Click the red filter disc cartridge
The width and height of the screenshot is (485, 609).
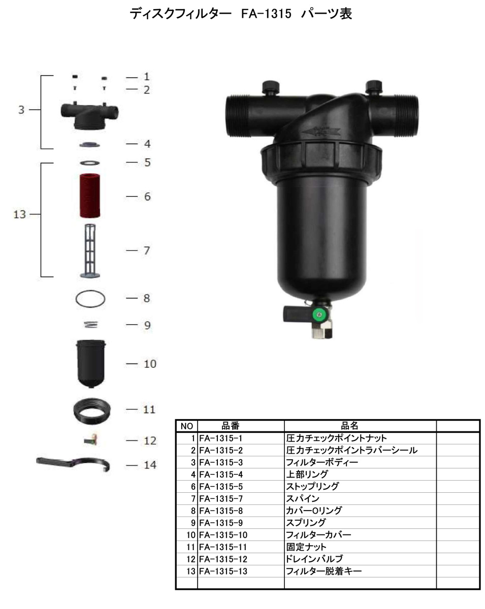click(x=90, y=195)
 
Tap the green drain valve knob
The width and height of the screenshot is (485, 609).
click(x=319, y=315)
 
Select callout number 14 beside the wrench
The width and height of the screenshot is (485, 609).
click(x=150, y=465)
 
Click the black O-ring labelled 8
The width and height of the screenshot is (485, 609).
click(x=90, y=299)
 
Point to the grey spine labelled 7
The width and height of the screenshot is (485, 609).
click(x=90, y=251)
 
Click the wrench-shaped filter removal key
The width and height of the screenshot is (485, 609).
click(x=73, y=463)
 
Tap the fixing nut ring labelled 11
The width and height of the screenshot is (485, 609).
click(x=92, y=411)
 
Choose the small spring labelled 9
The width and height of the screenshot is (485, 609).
click(x=91, y=325)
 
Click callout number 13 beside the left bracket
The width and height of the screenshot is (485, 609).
click(x=19, y=214)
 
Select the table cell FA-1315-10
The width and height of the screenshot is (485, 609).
click(x=223, y=535)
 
